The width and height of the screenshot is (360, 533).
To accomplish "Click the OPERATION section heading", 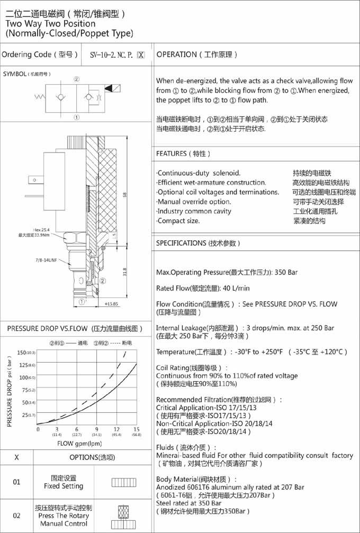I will click(x=176, y=55).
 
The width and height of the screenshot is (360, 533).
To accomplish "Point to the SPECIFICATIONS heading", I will click(x=181, y=243).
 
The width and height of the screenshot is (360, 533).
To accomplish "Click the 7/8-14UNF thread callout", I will click(x=43, y=259).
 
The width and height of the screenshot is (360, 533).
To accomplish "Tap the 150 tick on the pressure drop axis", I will click(x=23, y=353).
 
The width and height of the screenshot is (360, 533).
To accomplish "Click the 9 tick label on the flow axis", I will click(x=96, y=429).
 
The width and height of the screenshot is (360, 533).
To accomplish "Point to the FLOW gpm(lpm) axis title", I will click(x=79, y=444).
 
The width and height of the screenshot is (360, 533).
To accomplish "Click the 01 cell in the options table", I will click(x=16, y=482).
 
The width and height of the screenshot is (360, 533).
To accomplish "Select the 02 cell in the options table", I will click(x=16, y=516).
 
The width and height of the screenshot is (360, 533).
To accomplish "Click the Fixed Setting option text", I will click(x=64, y=486).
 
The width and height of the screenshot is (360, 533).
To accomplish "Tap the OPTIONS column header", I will click(x=91, y=458).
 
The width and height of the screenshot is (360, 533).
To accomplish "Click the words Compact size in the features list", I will click(x=179, y=221).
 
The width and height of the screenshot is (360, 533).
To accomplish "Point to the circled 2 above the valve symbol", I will click(x=77, y=79).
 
